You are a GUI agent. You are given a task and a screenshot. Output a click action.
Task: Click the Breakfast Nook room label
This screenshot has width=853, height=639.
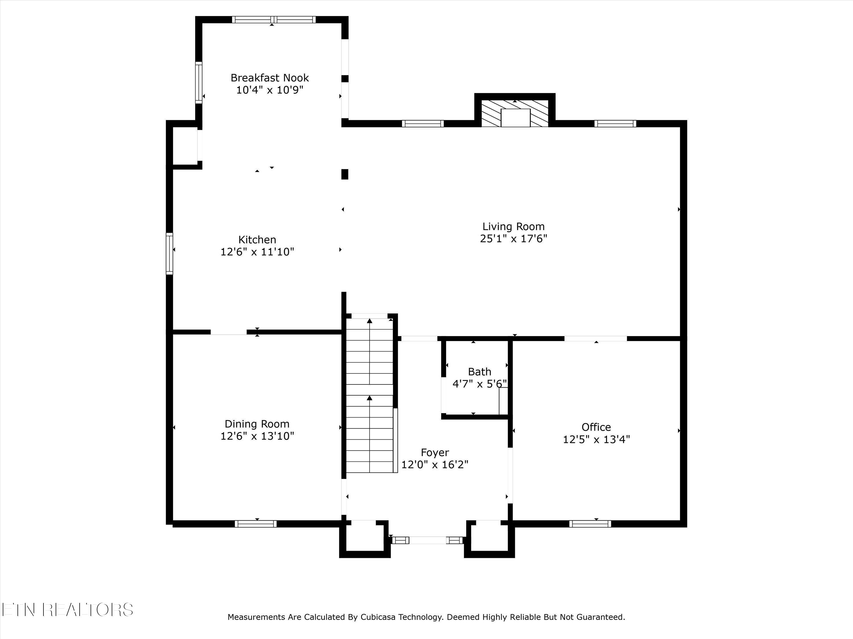270,78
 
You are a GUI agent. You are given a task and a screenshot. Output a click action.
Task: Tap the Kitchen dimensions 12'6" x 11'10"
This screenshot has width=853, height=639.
257,252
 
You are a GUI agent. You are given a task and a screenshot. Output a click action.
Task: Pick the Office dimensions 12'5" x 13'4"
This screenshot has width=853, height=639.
596,439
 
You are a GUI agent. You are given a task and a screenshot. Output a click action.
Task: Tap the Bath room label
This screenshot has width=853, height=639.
479,372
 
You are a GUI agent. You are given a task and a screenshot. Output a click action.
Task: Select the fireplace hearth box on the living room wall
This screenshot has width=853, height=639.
515,118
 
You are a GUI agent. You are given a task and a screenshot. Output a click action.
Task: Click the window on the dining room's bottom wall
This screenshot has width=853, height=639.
256,524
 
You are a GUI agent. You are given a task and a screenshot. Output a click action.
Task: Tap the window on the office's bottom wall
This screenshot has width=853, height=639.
590,524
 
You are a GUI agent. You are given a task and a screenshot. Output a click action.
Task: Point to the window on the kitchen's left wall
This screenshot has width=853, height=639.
169,253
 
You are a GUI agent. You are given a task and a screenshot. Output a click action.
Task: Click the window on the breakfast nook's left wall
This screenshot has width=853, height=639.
198,82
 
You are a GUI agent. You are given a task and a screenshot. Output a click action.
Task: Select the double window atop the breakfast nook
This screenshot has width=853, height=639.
274,20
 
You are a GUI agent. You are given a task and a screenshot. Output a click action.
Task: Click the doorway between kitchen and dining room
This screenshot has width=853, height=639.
229,332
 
